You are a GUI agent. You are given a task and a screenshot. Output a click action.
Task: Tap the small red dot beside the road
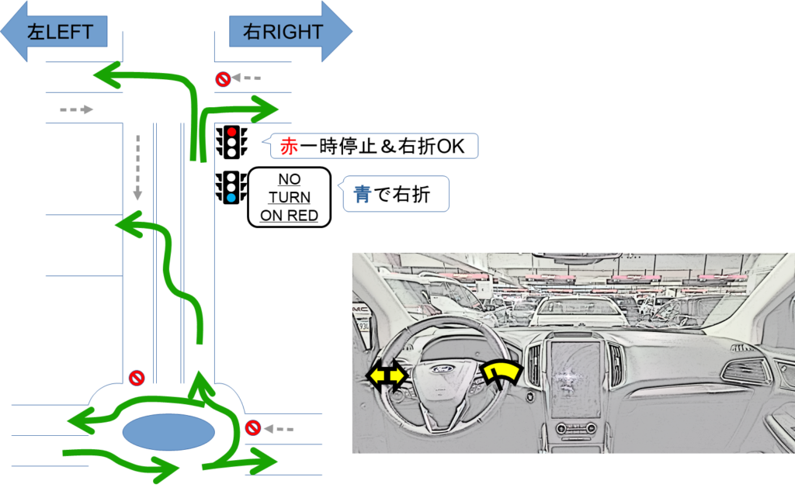pyautogui.click(x=231, y=132)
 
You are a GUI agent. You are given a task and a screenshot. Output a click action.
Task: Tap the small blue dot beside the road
pyautogui.click(x=231, y=198)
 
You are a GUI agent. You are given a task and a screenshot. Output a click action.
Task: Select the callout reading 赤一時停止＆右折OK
pyautogui.click(x=373, y=146)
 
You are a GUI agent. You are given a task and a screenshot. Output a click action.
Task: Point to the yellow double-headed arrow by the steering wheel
pyautogui.click(x=387, y=377)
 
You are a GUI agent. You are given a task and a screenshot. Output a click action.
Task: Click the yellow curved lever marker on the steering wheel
pyautogui.click(x=502, y=373)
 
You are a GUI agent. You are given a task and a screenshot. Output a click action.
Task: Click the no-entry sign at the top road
pyautogui.click(x=223, y=78)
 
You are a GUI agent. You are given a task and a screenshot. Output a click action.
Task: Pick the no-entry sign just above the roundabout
pyautogui.click(x=137, y=378)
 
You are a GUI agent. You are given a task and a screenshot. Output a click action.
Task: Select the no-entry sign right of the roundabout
pyautogui.click(x=252, y=427)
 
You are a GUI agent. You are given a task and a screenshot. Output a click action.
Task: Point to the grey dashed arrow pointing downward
pyautogui.click(x=137, y=167)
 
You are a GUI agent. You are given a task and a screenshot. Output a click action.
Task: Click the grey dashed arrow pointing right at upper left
pyautogui.click(x=76, y=109)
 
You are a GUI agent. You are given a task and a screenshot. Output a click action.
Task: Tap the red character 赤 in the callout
pyautogui.click(x=289, y=146)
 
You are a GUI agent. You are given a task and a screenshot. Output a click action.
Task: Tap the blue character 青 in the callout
pyautogui.click(x=362, y=195)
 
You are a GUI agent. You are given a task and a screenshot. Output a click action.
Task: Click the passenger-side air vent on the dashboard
pyautogui.click(x=742, y=370)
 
